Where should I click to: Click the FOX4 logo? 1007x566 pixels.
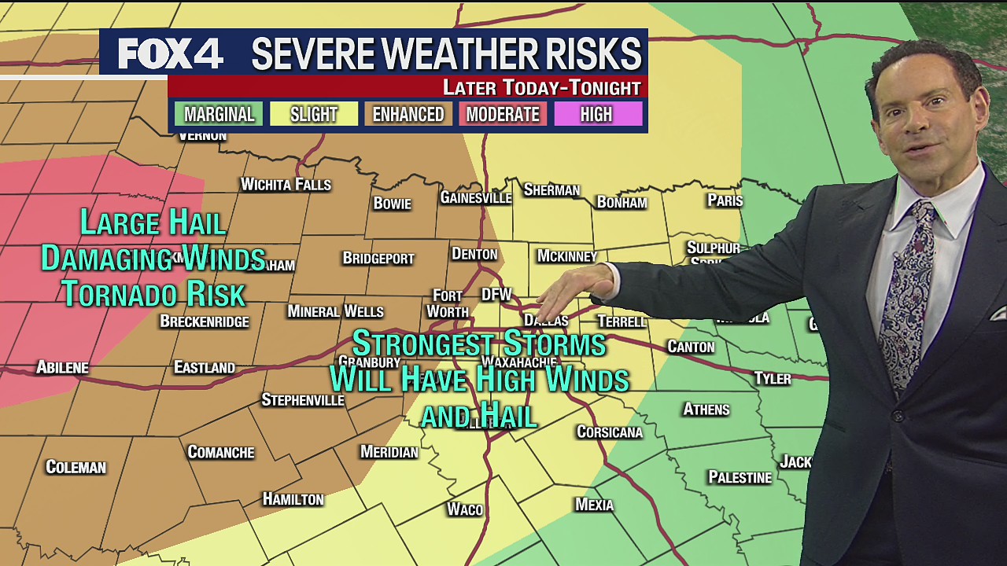pyautogui.click(x=171, y=53)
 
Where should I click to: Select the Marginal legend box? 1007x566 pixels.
pyautogui.click(x=219, y=115)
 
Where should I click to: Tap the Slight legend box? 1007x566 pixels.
pyautogui.click(x=314, y=115)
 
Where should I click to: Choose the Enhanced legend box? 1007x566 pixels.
pyautogui.click(x=408, y=115)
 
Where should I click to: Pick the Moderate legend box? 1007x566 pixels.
pyautogui.click(x=503, y=115)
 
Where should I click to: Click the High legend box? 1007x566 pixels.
pyautogui.click(x=596, y=115)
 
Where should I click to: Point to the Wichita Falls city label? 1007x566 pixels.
pyautogui.click(x=286, y=185)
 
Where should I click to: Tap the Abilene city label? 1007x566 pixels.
pyautogui.click(x=63, y=367)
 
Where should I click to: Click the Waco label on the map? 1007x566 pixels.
pyautogui.click(x=465, y=509)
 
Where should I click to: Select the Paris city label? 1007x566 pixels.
pyautogui.click(x=725, y=200)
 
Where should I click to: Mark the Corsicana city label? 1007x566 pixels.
pyautogui.click(x=610, y=432)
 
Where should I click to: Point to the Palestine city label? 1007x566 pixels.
pyautogui.click(x=740, y=477)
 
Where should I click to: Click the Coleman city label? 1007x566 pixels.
pyautogui.click(x=76, y=467)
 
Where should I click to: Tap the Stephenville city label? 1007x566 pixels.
pyautogui.click(x=303, y=400)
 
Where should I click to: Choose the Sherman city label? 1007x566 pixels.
pyautogui.click(x=551, y=190)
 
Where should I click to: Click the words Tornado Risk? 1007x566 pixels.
pyautogui.click(x=154, y=294)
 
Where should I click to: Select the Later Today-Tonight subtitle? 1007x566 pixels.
pyautogui.click(x=542, y=87)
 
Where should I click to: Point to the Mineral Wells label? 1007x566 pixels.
pyautogui.click(x=335, y=311)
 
